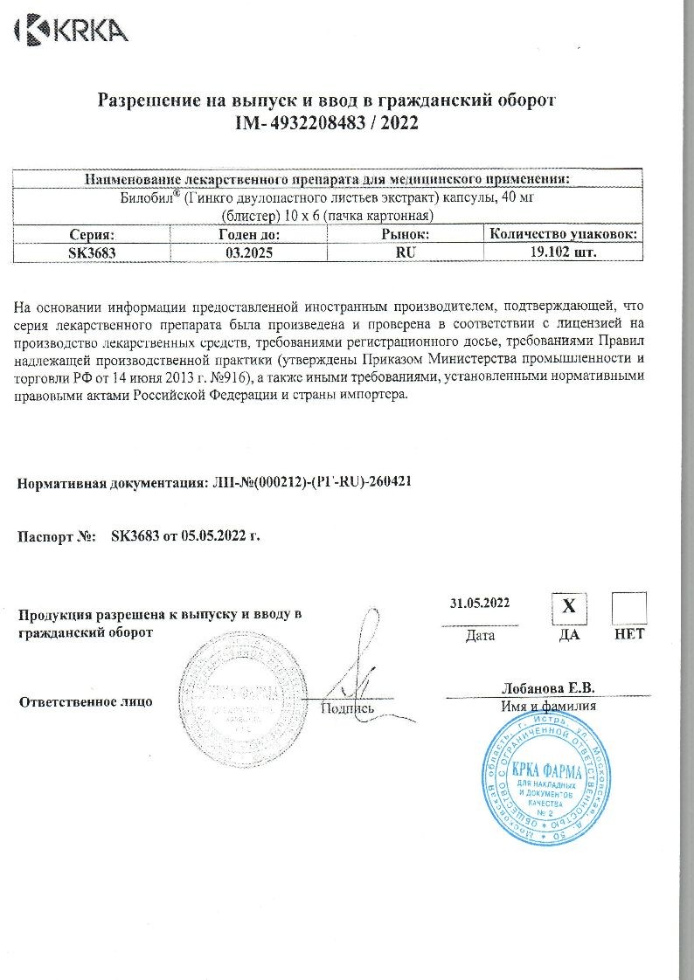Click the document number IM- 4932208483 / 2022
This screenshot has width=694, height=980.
(326, 124)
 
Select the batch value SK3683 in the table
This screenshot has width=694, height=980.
(92, 252)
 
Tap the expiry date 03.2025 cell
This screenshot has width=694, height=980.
(247, 252)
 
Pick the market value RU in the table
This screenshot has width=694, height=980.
(405, 252)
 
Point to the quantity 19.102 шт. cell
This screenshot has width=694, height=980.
(563, 252)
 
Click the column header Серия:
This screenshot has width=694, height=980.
(92, 234)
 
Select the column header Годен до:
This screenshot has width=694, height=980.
(247, 234)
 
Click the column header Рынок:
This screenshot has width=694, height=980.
(405, 234)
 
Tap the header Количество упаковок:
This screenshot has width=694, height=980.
(563, 234)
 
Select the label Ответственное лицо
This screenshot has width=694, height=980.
(86, 701)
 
